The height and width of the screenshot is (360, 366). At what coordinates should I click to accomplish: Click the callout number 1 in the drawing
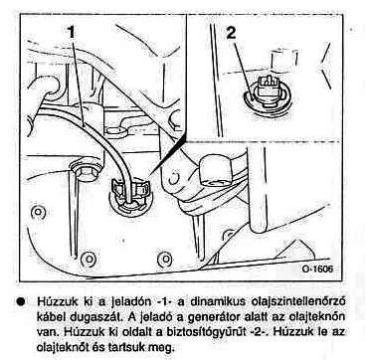[71, 32]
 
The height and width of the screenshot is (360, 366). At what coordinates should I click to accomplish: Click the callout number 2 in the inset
[231, 33]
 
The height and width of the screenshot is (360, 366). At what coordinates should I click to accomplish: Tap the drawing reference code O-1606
[317, 269]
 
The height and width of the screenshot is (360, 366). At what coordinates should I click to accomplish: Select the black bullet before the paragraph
[21, 302]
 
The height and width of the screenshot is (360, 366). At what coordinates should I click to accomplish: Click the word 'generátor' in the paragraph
[214, 317]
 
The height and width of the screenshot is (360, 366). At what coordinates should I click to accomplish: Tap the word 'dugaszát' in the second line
[93, 317]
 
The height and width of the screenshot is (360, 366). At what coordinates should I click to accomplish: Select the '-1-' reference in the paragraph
[158, 302]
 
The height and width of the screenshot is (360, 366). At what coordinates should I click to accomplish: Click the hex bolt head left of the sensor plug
[86, 172]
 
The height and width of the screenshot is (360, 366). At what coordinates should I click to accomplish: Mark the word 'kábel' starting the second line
[51, 317]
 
